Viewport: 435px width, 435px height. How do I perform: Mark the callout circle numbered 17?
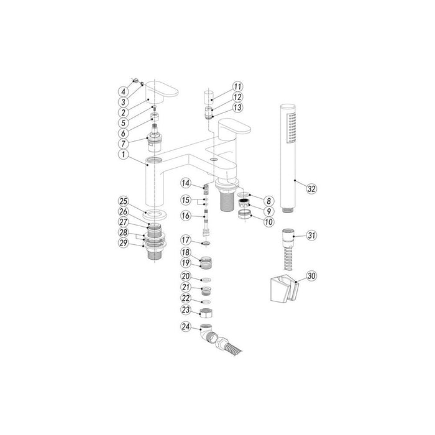pos(185,239)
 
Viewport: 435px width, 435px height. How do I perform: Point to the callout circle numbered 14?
pos(185,182)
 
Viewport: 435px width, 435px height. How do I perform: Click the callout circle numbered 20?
pos(185,276)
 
